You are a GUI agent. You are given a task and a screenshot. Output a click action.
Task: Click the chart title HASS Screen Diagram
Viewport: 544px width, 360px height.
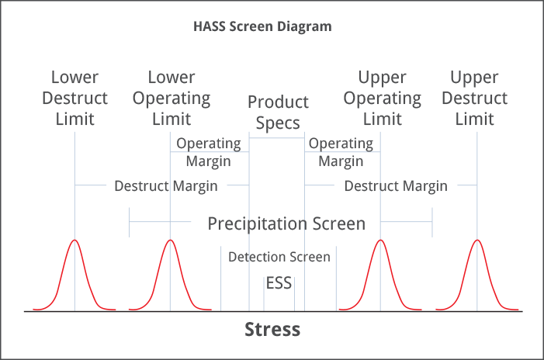262,26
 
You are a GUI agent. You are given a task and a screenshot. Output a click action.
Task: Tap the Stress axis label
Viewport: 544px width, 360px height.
272,329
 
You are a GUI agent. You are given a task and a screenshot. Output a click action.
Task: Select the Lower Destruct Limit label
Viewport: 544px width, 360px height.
75,99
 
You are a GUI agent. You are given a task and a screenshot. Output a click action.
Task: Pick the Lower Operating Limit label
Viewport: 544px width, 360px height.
172,99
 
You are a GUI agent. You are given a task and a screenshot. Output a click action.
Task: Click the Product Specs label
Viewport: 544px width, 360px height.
278,112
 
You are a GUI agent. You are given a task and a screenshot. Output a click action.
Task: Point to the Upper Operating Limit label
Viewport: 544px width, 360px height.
383,99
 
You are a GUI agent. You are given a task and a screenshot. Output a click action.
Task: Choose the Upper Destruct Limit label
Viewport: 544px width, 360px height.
475,99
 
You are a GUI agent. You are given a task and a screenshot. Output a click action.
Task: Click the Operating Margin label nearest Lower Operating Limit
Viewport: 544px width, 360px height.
209,152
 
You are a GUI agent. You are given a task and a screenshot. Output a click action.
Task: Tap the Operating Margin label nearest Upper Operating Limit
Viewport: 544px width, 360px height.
341,152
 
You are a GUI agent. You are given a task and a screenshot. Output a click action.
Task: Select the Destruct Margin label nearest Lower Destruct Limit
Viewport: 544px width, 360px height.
166,186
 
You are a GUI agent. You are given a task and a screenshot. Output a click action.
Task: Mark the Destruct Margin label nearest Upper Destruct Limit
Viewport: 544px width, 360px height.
396,186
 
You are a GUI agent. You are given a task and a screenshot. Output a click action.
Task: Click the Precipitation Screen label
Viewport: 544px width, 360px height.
286,223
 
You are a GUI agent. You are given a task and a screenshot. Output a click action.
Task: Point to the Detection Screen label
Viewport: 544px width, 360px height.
279,257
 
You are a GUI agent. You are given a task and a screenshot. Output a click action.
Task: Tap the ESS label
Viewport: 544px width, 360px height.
279,283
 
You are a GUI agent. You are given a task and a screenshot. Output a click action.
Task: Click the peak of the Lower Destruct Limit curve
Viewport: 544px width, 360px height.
74,240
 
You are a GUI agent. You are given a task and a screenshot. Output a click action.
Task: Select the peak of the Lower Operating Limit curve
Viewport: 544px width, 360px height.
171,240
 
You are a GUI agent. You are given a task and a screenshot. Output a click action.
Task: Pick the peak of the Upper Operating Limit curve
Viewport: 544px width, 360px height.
380,240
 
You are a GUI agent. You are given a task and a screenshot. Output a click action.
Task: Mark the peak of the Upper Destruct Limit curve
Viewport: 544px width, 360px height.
477,240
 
